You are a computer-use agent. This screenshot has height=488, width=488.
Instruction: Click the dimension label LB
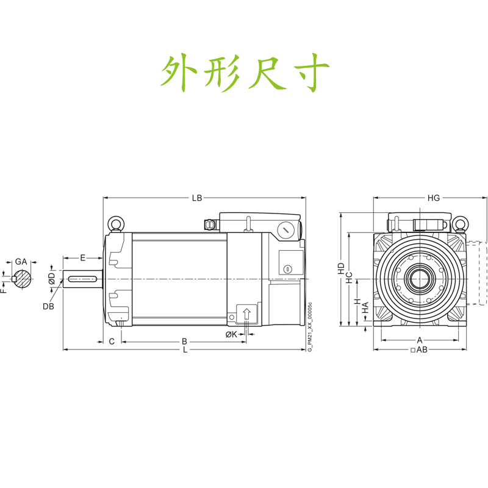click(x=196, y=198)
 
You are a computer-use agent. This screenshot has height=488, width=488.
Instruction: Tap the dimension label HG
click(x=433, y=198)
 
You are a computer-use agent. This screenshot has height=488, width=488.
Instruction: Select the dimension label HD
click(x=342, y=268)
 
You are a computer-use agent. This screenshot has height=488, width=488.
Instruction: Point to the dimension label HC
click(x=350, y=278)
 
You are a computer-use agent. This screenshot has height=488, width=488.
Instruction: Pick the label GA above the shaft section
click(x=21, y=262)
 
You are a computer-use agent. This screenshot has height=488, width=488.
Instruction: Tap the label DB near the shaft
click(x=48, y=306)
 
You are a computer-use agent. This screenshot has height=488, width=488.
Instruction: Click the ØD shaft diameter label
click(x=52, y=279)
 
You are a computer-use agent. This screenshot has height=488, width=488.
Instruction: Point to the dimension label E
click(x=83, y=258)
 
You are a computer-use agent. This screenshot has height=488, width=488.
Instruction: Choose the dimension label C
click(x=112, y=342)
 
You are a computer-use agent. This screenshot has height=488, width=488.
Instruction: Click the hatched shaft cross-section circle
click(x=23, y=279)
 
